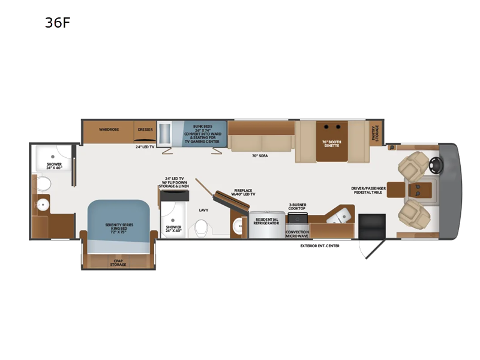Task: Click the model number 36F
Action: pos(58,24)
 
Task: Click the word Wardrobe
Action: pos(108,128)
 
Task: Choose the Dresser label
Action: pos(145,128)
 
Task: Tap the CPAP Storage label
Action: pos(118,263)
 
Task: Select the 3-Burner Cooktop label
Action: pos(298,206)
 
